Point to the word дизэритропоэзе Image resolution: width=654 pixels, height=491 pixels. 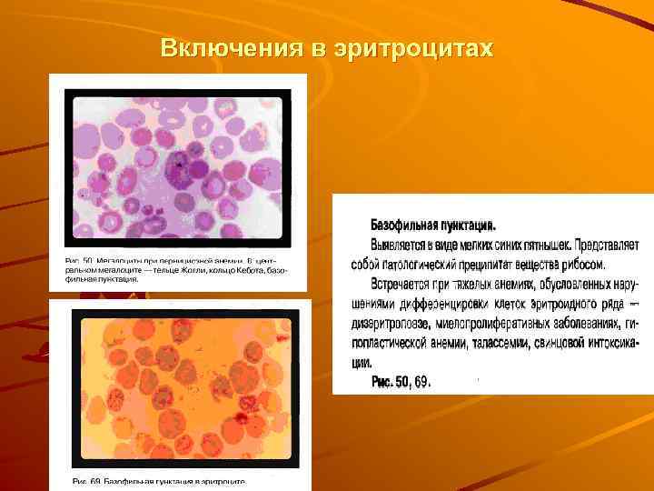point(395,324)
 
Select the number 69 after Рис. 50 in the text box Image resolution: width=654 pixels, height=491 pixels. point(422,382)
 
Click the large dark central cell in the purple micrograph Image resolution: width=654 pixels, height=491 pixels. point(180,166)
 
